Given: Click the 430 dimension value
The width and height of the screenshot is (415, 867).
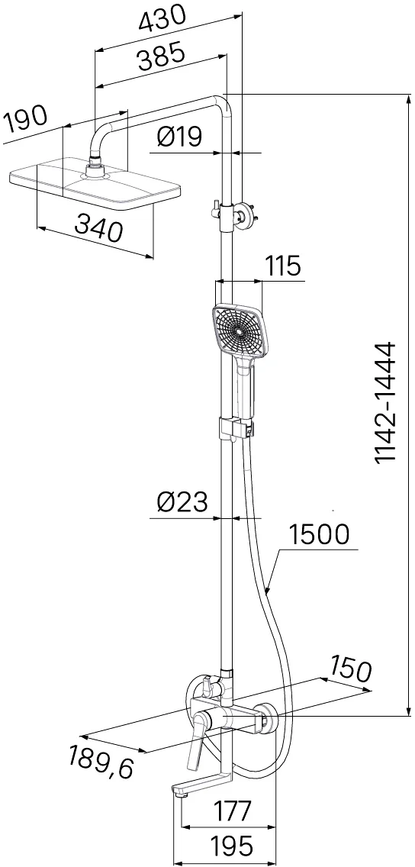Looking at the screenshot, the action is tap(162, 21).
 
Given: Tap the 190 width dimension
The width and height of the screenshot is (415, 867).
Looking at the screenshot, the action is tap(25, 121).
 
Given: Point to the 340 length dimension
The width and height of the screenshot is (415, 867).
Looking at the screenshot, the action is tap(98, 228).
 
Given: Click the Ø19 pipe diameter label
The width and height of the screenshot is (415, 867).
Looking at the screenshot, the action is tap(179, 137).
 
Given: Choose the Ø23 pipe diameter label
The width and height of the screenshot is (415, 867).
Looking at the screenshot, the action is tap(182, 503).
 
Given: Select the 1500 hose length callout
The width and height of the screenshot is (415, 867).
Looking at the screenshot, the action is tap(320, 535).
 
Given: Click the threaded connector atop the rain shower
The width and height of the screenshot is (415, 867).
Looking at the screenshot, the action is tap(95, 166).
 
